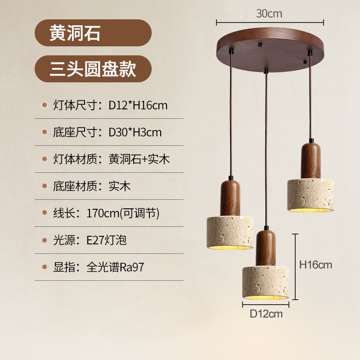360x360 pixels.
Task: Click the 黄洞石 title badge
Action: click(93, 33)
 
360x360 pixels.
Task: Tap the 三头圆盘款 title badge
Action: click(93, 69)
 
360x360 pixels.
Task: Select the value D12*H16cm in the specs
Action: click(138, 105)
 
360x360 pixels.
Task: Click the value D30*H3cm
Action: click(135, 132)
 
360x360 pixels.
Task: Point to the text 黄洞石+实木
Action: click(139, 159)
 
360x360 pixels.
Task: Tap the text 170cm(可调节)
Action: click(123, 213)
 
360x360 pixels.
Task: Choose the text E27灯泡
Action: click(107, 240)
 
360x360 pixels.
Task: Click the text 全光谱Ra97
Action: click(116, 267)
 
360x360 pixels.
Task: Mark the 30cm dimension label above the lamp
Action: click(269, 13)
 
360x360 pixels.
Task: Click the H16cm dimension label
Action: click(316, 265)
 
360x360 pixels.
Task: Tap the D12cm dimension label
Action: click(266, 314)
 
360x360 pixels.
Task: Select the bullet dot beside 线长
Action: click(44, 213)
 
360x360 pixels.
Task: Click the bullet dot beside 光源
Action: click(44, 240)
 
